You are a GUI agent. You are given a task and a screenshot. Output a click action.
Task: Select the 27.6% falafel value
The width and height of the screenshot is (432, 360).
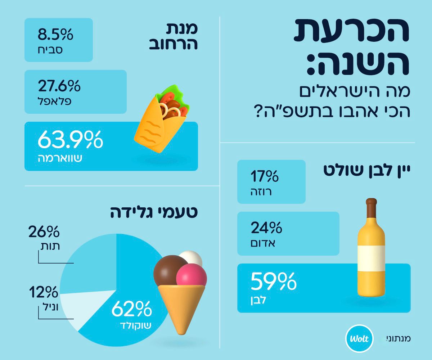(59, 86)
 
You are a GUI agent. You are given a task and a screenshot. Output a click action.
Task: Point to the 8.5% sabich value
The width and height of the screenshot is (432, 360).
(55, 35)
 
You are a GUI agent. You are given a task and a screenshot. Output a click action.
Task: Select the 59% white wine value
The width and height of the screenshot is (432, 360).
(273, 281)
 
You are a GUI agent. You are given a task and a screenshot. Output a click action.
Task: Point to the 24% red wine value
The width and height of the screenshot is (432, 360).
(266, 228)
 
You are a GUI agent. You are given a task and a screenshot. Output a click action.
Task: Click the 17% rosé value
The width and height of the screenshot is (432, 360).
(265, 177)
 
